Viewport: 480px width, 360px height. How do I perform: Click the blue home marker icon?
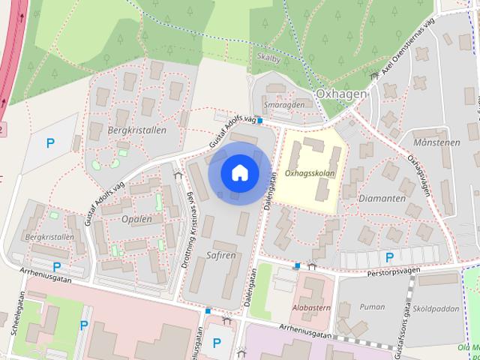tap(239, 172)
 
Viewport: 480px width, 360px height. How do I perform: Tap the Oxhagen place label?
tap(341, 94)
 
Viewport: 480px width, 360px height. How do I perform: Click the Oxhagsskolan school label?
tap(310, 172)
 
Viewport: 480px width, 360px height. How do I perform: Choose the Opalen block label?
tap(136, 219)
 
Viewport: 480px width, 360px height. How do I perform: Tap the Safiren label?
tap(220, 255)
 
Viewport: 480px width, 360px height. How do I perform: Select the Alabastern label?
tap(310, 307)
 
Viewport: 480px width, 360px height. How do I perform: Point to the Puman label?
tap(372, 307)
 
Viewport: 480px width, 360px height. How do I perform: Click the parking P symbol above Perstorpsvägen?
tap(389, 257)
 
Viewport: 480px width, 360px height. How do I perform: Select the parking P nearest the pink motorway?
tap(51, 142)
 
